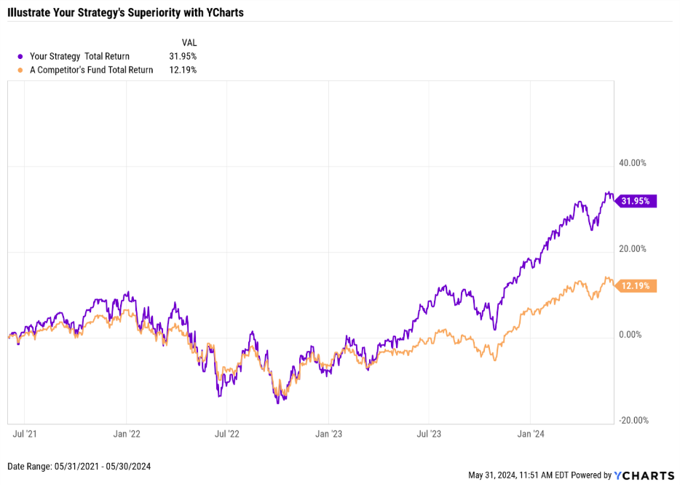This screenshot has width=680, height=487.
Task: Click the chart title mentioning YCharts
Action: pyautogui.click(x=125, y=12)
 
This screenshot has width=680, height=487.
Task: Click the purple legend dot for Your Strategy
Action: pyautogui.click(x=20, y=56)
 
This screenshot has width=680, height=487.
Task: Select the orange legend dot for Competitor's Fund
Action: pyautogui.click(x=20, y=70)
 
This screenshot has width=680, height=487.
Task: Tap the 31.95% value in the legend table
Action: pyautogui.click(x=182, y=56)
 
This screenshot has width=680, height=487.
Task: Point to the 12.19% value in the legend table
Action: pyautogui.click(x=182, y=70)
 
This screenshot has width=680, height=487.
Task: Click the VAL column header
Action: pyautogui.click(x=189, y=42)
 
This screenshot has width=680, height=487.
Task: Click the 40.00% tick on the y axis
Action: pyautogui.click(x=632, y=163)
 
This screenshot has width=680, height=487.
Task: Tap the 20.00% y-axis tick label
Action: pyautogui.click(x=632, y=249)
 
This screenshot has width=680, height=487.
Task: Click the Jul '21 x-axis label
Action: pyautogui.click(x=25, y=435)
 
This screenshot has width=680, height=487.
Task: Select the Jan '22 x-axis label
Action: pyautogui.click(x=127, y=435)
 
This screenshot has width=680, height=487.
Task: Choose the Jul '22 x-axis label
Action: pyautogui.click(x=227, y=435)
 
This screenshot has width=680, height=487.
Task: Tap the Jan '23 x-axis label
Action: pyautogui.click(x=328, y=435)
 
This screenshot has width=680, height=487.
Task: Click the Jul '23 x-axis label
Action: pyautogui.click(x=429, y=435)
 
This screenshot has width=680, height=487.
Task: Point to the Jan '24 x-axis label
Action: pyautogui.click(x=531, y=435)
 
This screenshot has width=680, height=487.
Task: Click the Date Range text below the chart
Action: pyautogui.click(x=79, y=466)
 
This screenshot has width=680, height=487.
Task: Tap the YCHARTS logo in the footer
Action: pyautogui.click(x=644, y=475)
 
